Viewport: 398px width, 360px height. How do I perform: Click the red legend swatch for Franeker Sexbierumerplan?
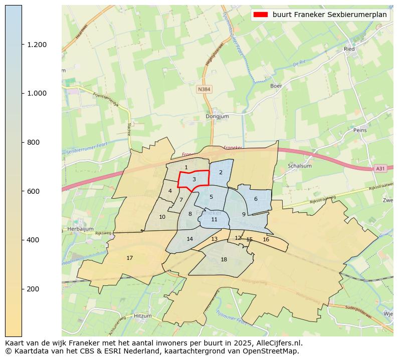click(x=261, y=15)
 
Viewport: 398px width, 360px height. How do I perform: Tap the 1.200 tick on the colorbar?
click(x=37, y=45)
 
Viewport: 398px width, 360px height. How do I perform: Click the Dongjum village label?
click(x=217, y=117)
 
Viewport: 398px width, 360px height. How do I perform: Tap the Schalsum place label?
click(x=299, y=166)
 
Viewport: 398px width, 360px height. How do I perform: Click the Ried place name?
click(x=349, y=49)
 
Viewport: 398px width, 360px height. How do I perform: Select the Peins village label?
click(x=360, y=130)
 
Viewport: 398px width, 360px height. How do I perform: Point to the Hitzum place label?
click(x=142, y=316)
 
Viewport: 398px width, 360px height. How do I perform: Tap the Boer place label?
click(x=276, y=86)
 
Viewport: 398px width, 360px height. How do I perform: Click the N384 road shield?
click(x=204, y=89)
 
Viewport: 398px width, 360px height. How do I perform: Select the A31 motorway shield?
click(x=380, y=169)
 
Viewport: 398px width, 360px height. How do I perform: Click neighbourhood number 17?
click(x=129, y=258)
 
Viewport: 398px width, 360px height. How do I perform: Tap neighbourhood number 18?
click(x=224, y=259)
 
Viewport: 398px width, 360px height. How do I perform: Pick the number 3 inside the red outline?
click(x=194, y=179)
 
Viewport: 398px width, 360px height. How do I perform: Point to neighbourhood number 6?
click(x=256, y=199)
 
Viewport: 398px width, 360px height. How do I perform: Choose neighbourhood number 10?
click(x=162, y=217)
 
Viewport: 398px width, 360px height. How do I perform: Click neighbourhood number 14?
click(x=189, y=239)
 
